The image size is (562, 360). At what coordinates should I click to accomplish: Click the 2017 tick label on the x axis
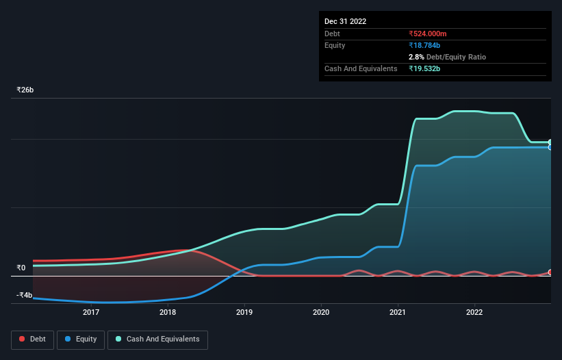click(x=91, y=313)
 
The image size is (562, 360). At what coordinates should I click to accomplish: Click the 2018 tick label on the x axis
click(x=168, y=313)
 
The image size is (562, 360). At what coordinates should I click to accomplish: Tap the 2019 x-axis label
click(x=244, y=313)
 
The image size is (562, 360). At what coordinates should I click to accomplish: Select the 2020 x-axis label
click(x=321, y=313)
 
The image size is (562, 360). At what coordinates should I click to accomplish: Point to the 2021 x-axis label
click(x=398, y=313)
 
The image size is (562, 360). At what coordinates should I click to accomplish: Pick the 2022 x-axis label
click(x=474, y=313)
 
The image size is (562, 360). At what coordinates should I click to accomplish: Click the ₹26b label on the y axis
click(x=26, y=90)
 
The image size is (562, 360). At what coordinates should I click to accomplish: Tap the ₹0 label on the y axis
click(x=21, y=268)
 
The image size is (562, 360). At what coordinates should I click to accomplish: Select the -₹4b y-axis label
click(x=24, y=295)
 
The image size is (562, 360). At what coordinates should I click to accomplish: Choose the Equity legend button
click(x=81, y=339)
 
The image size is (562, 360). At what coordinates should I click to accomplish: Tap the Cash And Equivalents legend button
click(x=157, y=339)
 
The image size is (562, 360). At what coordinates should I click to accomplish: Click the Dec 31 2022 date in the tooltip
click(x=345, y=21)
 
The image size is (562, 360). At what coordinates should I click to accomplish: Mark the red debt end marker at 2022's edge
click(x=550, y=272)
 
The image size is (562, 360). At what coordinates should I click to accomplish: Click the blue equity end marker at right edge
click(x=550, y=147)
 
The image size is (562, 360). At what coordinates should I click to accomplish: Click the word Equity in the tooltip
click(x=335, y=45)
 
